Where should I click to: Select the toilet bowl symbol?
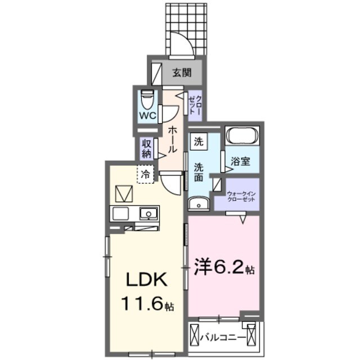pos(147,100)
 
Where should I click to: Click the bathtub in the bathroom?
pos(242,137)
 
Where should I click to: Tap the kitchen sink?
pos(149,214)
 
